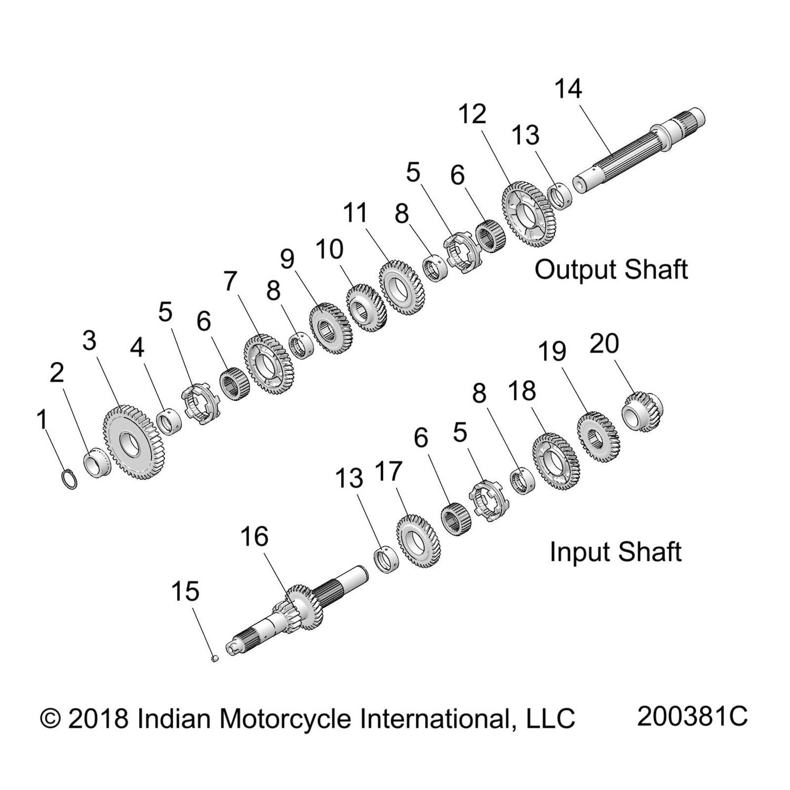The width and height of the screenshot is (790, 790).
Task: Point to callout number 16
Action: [x=254, y=537]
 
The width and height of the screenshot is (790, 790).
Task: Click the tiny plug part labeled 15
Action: [x=214, y=658]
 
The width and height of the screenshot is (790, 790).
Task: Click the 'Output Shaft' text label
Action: [x=611, y=270]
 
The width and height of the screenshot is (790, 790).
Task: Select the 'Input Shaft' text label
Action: [x=615, y=552]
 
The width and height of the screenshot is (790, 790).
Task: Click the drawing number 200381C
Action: [x=692, y=716]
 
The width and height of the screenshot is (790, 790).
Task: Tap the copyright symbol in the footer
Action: [x=50, y=718]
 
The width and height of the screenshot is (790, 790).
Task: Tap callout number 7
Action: [x=230, y=281]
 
